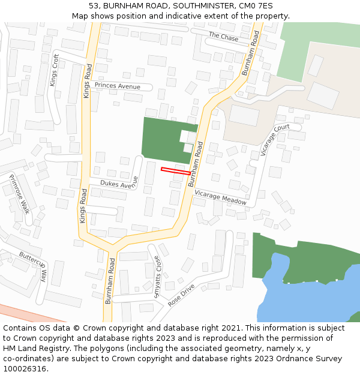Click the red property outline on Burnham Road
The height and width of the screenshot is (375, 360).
pos(175,171)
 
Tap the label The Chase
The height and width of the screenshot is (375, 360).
pos(223,37)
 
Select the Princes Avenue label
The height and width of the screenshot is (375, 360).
pos(117,86)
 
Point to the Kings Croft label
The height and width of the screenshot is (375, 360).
pos(55,70)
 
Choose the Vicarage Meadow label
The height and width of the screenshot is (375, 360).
pos(220,197)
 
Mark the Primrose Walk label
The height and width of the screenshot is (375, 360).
pos(20,194)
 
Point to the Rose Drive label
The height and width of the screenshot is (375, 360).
pos(181,296)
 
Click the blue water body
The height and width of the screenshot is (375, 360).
pos(312,300)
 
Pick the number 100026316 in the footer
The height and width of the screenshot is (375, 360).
pos(24,369)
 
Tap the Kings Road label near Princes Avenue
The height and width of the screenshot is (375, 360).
pos(87,82)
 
